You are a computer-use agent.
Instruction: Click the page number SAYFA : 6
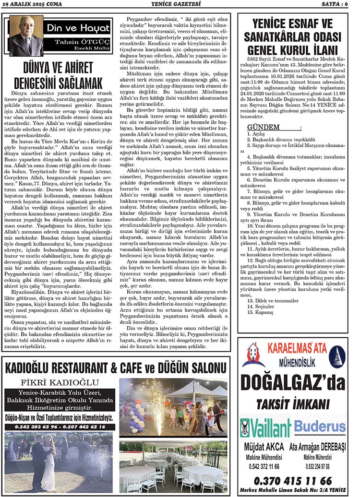pyautogui.click(x=333, y=4)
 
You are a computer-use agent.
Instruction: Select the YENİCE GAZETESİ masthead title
pyautogui.click(x=179, y=4)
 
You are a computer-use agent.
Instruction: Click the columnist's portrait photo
pyautogui.click(x=25, y=36)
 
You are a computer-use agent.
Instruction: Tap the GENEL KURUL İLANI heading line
pyautogui.click(x=292, y=50)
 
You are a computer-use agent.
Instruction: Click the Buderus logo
pyautogui.click(x=320, y=426)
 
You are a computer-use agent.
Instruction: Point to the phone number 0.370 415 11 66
pyautogui.click(x=292, y=480)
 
